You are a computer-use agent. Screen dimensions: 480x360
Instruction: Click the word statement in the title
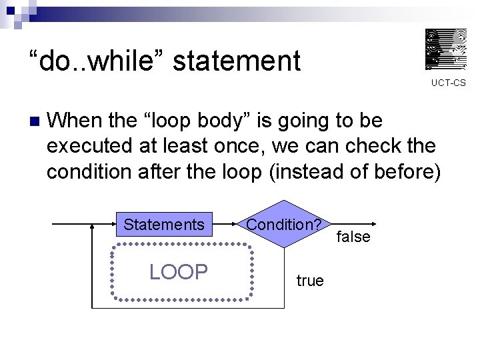coord(237,61)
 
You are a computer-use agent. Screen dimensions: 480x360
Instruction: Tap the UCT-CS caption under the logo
coord(448,83)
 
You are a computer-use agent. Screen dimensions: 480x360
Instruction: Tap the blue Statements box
coord(164,225)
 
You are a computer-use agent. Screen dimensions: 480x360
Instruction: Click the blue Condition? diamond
coord(284,224)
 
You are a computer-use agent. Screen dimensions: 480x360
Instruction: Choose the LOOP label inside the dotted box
coord(179,271)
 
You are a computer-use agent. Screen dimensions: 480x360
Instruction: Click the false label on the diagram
coord(353,237)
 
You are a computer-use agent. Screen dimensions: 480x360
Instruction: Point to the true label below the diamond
coord(310,281)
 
